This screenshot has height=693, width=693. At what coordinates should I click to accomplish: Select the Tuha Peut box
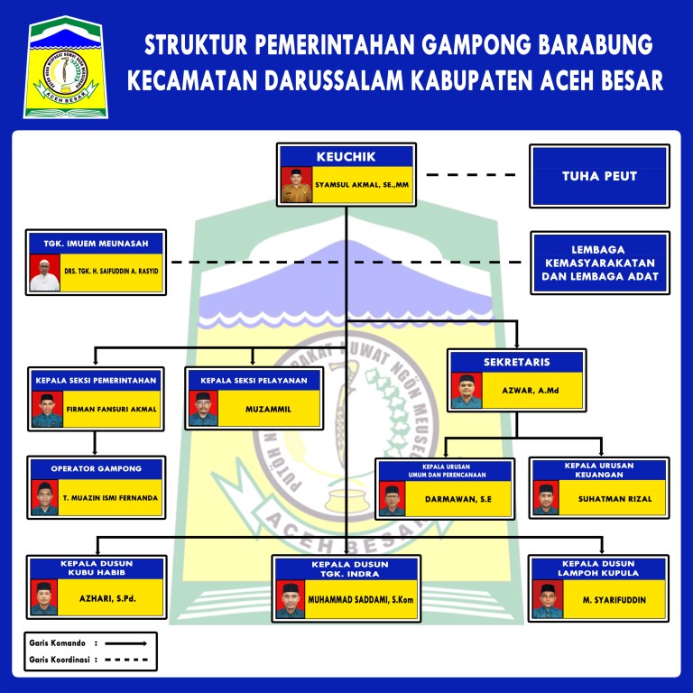[x=599, y=176]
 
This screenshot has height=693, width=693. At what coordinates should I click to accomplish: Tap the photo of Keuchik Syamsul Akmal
[x=294, y=185]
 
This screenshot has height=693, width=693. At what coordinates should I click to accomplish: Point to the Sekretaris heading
[x=515, y=362]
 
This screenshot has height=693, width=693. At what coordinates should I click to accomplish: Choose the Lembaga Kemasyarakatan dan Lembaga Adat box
[x=599, y=263]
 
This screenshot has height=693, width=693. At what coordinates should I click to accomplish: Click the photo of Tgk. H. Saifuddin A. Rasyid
[x=44, y=273]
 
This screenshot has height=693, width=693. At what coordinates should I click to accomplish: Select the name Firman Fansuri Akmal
[x=112, y=409]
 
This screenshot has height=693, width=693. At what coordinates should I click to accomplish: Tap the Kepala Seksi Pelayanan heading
[x=254, y=381]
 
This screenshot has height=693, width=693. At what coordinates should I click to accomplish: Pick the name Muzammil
[x=268, y=409]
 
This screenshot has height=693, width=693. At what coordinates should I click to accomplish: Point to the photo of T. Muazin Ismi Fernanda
[x=44, y=498]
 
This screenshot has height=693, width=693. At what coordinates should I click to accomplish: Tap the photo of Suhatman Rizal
[x=546, y=498]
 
